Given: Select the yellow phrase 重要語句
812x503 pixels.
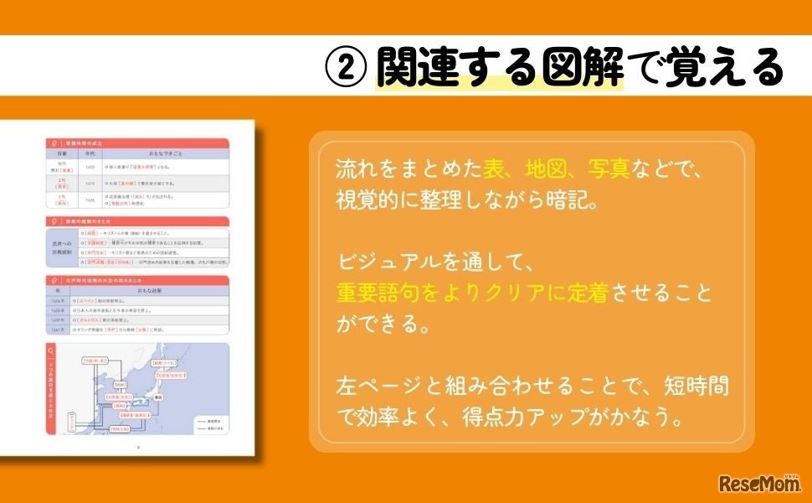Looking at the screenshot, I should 377,294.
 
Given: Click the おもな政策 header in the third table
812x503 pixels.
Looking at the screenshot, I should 159,290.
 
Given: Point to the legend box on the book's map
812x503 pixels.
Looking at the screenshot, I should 208,423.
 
